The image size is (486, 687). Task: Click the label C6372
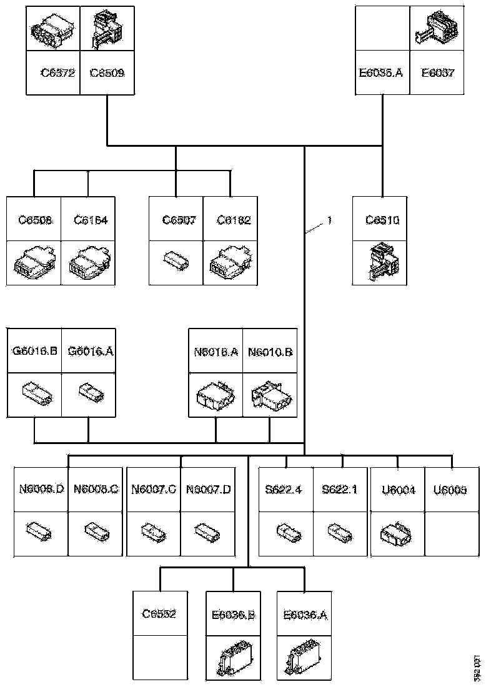coord(57,73)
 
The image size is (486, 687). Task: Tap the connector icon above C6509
coord(107,29)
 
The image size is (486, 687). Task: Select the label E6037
coord(437,73)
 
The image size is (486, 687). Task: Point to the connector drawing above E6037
coord(437,30)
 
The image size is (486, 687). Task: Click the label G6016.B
coord(34,351)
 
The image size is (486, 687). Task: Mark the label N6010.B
coord(270,352)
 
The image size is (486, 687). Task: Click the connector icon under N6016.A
coord(216,395)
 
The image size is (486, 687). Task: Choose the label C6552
coord(159,614)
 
